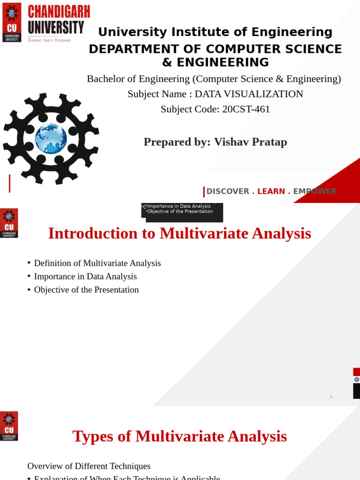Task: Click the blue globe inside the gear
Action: click(51, 139)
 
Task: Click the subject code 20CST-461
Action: click(246, 109)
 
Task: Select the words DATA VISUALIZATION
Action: click(249, 94)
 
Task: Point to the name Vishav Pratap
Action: click(250, 142)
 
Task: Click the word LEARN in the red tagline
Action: click(271, 191)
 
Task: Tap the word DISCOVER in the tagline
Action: click(228, 191)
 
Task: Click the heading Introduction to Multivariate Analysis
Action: click(180, 233)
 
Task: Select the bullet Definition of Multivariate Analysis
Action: click(97, 263)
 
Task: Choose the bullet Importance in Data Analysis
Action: click(85, 277)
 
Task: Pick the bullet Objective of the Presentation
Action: click(86, 290)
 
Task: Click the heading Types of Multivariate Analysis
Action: click(180, 436)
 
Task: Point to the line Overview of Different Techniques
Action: click(89, 466)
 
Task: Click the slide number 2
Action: click(331, 397)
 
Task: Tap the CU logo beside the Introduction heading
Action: click(9, 223)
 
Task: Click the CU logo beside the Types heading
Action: click(9, 426)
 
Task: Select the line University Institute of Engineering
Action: click(215, 32)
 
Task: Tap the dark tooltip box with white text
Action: click(182, 212)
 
